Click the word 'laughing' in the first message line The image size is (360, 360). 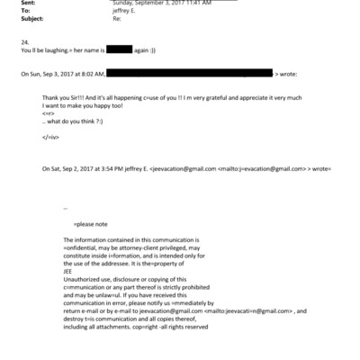point(56,51)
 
